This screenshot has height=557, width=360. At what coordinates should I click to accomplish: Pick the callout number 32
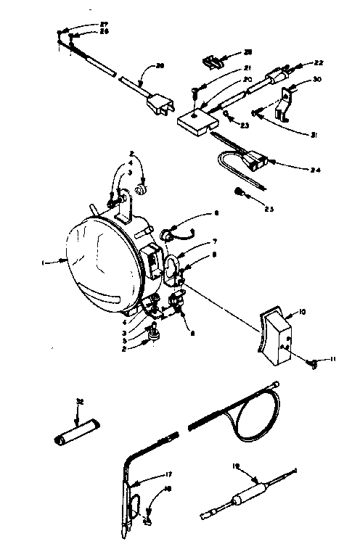(78, 401)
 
